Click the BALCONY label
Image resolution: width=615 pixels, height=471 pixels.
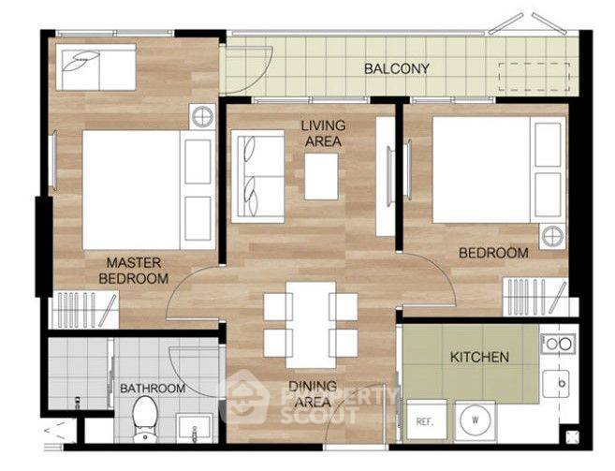click(396, 68)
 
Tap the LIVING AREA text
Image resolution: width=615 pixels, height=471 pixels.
click(323, 134)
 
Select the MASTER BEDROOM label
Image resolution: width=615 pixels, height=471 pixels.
click(134, 271)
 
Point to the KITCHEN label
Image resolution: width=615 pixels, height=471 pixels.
click(479, 357)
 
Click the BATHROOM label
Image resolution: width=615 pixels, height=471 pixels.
click(153, 389)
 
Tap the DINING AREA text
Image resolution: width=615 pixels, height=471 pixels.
click(313, 394)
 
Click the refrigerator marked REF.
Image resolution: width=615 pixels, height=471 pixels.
click(426, 419)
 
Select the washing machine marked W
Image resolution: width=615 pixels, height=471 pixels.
click(475, 420)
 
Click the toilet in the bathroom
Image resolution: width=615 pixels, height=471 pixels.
click(145, 419)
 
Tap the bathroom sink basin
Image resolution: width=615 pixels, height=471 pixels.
click(194, 428)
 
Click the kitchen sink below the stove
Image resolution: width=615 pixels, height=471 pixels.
click(555, 384)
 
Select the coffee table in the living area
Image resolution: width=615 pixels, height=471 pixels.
click(321, 177)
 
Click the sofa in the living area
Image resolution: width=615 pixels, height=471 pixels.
click(257, 177)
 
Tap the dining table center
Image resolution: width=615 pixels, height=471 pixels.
click(311, 325)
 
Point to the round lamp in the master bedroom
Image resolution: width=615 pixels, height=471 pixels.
click(202, 116)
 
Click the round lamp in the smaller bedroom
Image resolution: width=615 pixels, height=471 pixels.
click(552, 237)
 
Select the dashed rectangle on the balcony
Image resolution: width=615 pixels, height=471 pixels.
click(534, 77)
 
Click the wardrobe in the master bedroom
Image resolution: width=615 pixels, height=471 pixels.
click(83, 310)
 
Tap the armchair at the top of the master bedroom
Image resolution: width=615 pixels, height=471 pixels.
click(95, 67)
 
